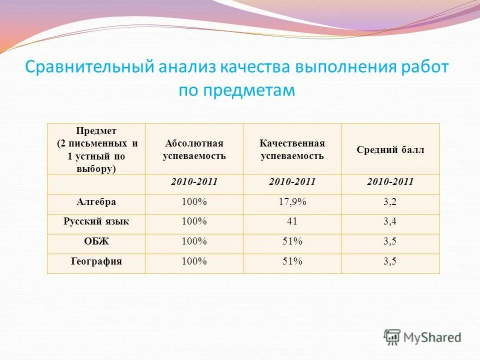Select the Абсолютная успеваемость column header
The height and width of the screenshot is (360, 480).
pyautogui.click(x=194, y=149)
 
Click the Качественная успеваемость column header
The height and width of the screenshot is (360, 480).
pyautogui.click(x=292, y=149)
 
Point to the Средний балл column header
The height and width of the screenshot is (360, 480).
pyautogui.click(x=390, y=149)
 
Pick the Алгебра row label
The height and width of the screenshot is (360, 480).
pyautogui.click(x=96, y=202)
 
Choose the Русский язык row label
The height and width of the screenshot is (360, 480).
pyautogui.click(x=96, y=221)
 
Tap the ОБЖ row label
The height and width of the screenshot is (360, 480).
pyautogui.click(x=96, y=241)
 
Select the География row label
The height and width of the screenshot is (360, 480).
pyautogui.click(x=96, y=261)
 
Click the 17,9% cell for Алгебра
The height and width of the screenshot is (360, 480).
pyautogui.click(x=292, y=202)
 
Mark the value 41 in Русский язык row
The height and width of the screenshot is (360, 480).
pyautogui.click(x=292, y=221)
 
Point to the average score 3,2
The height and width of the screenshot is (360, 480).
pyautogui.click(x=390, y=202)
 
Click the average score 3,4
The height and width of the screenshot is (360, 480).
pyautogui.click(x=390, y=221)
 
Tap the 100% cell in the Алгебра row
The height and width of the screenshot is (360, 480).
pyautogui.click(x=194, y=202)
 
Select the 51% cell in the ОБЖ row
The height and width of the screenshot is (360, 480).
pyautogui.click(x=292, y=241)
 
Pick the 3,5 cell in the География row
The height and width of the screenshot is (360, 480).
pyautogui.click(x=390, y=261)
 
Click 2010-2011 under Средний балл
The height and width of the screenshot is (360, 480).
pyautogui.click(x=390, y=182)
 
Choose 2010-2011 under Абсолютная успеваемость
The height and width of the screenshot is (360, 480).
pyautogui.click(x=194, y=182)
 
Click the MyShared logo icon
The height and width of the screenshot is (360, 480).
pyautogui.click(x=392, y=337)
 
